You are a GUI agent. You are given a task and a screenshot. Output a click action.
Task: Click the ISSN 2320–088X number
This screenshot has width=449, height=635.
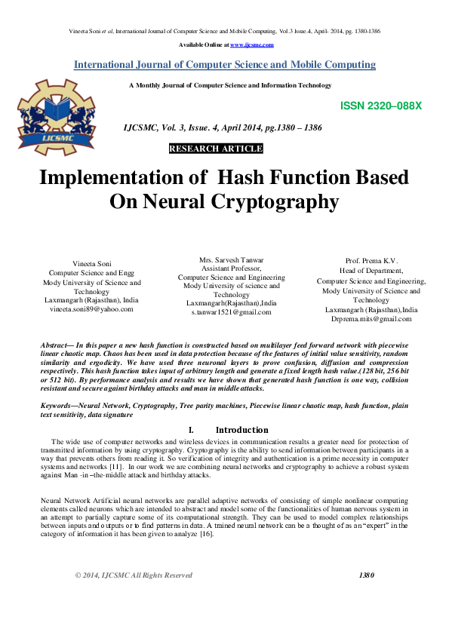pos(381,106)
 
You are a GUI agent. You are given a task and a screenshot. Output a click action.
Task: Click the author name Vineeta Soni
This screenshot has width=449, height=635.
pos(91,263)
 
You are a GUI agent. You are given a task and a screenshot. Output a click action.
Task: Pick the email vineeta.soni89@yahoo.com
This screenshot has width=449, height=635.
pos(91,309)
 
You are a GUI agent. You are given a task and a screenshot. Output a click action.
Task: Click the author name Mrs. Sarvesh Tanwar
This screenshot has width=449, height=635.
pos(231,259)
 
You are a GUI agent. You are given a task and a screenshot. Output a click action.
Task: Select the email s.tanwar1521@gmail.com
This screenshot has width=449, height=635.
pos(231,312)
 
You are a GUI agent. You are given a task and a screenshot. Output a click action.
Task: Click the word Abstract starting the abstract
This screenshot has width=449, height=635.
pos(57,345)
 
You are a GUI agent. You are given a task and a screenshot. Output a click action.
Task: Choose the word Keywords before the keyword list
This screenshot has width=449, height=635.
pos(59,406)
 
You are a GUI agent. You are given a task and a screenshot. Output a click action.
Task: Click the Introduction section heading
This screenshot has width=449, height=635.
pos(242,430)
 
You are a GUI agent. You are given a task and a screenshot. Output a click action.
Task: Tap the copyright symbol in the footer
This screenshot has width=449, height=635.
pos(78,575)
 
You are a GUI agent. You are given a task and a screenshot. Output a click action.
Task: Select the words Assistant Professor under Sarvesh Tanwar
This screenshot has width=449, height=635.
pos(231,268)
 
